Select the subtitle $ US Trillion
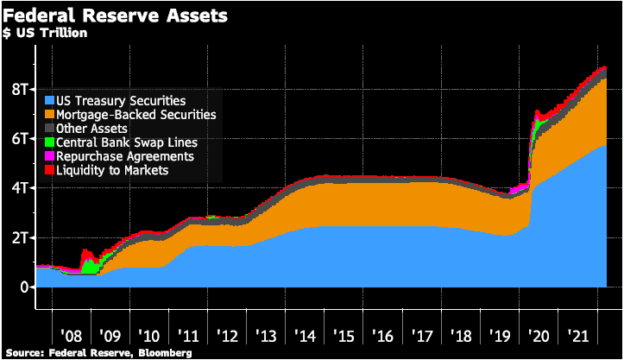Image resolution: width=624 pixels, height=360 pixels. pyautogui.click(x=47, y=33)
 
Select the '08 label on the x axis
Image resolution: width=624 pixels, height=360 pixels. pyautogui.click(x=72, y=334)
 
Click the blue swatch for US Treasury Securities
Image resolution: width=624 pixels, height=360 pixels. pyautogui.click(x=48, y=101)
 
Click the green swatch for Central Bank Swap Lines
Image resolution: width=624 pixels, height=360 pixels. pyautogui.click(x=48, y=142)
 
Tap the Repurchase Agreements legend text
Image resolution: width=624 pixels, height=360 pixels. pyautogui.click(x=124, y=156)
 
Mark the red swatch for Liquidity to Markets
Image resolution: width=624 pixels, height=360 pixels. pyautogui.click(x=48, y=171)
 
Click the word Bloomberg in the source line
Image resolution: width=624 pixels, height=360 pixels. pyautogui.click(x=161, y=353)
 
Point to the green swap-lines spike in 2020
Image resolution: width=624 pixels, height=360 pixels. pyautogui.click(x=538, y=127)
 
